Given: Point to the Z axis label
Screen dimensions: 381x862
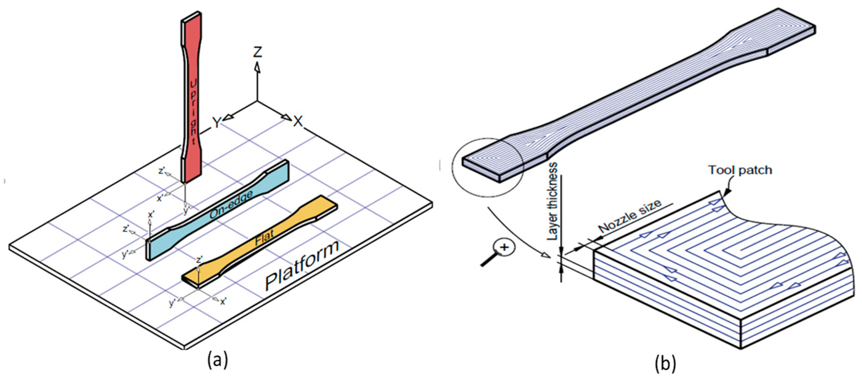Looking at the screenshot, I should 257,52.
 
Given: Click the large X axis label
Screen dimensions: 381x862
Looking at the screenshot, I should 298,121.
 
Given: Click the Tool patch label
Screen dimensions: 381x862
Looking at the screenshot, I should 740,171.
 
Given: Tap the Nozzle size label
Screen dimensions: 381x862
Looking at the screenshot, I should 630,217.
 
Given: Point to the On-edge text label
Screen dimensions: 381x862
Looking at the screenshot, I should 231,205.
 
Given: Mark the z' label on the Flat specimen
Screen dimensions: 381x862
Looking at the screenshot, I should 200,259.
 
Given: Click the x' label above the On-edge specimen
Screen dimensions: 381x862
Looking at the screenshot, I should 151,215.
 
